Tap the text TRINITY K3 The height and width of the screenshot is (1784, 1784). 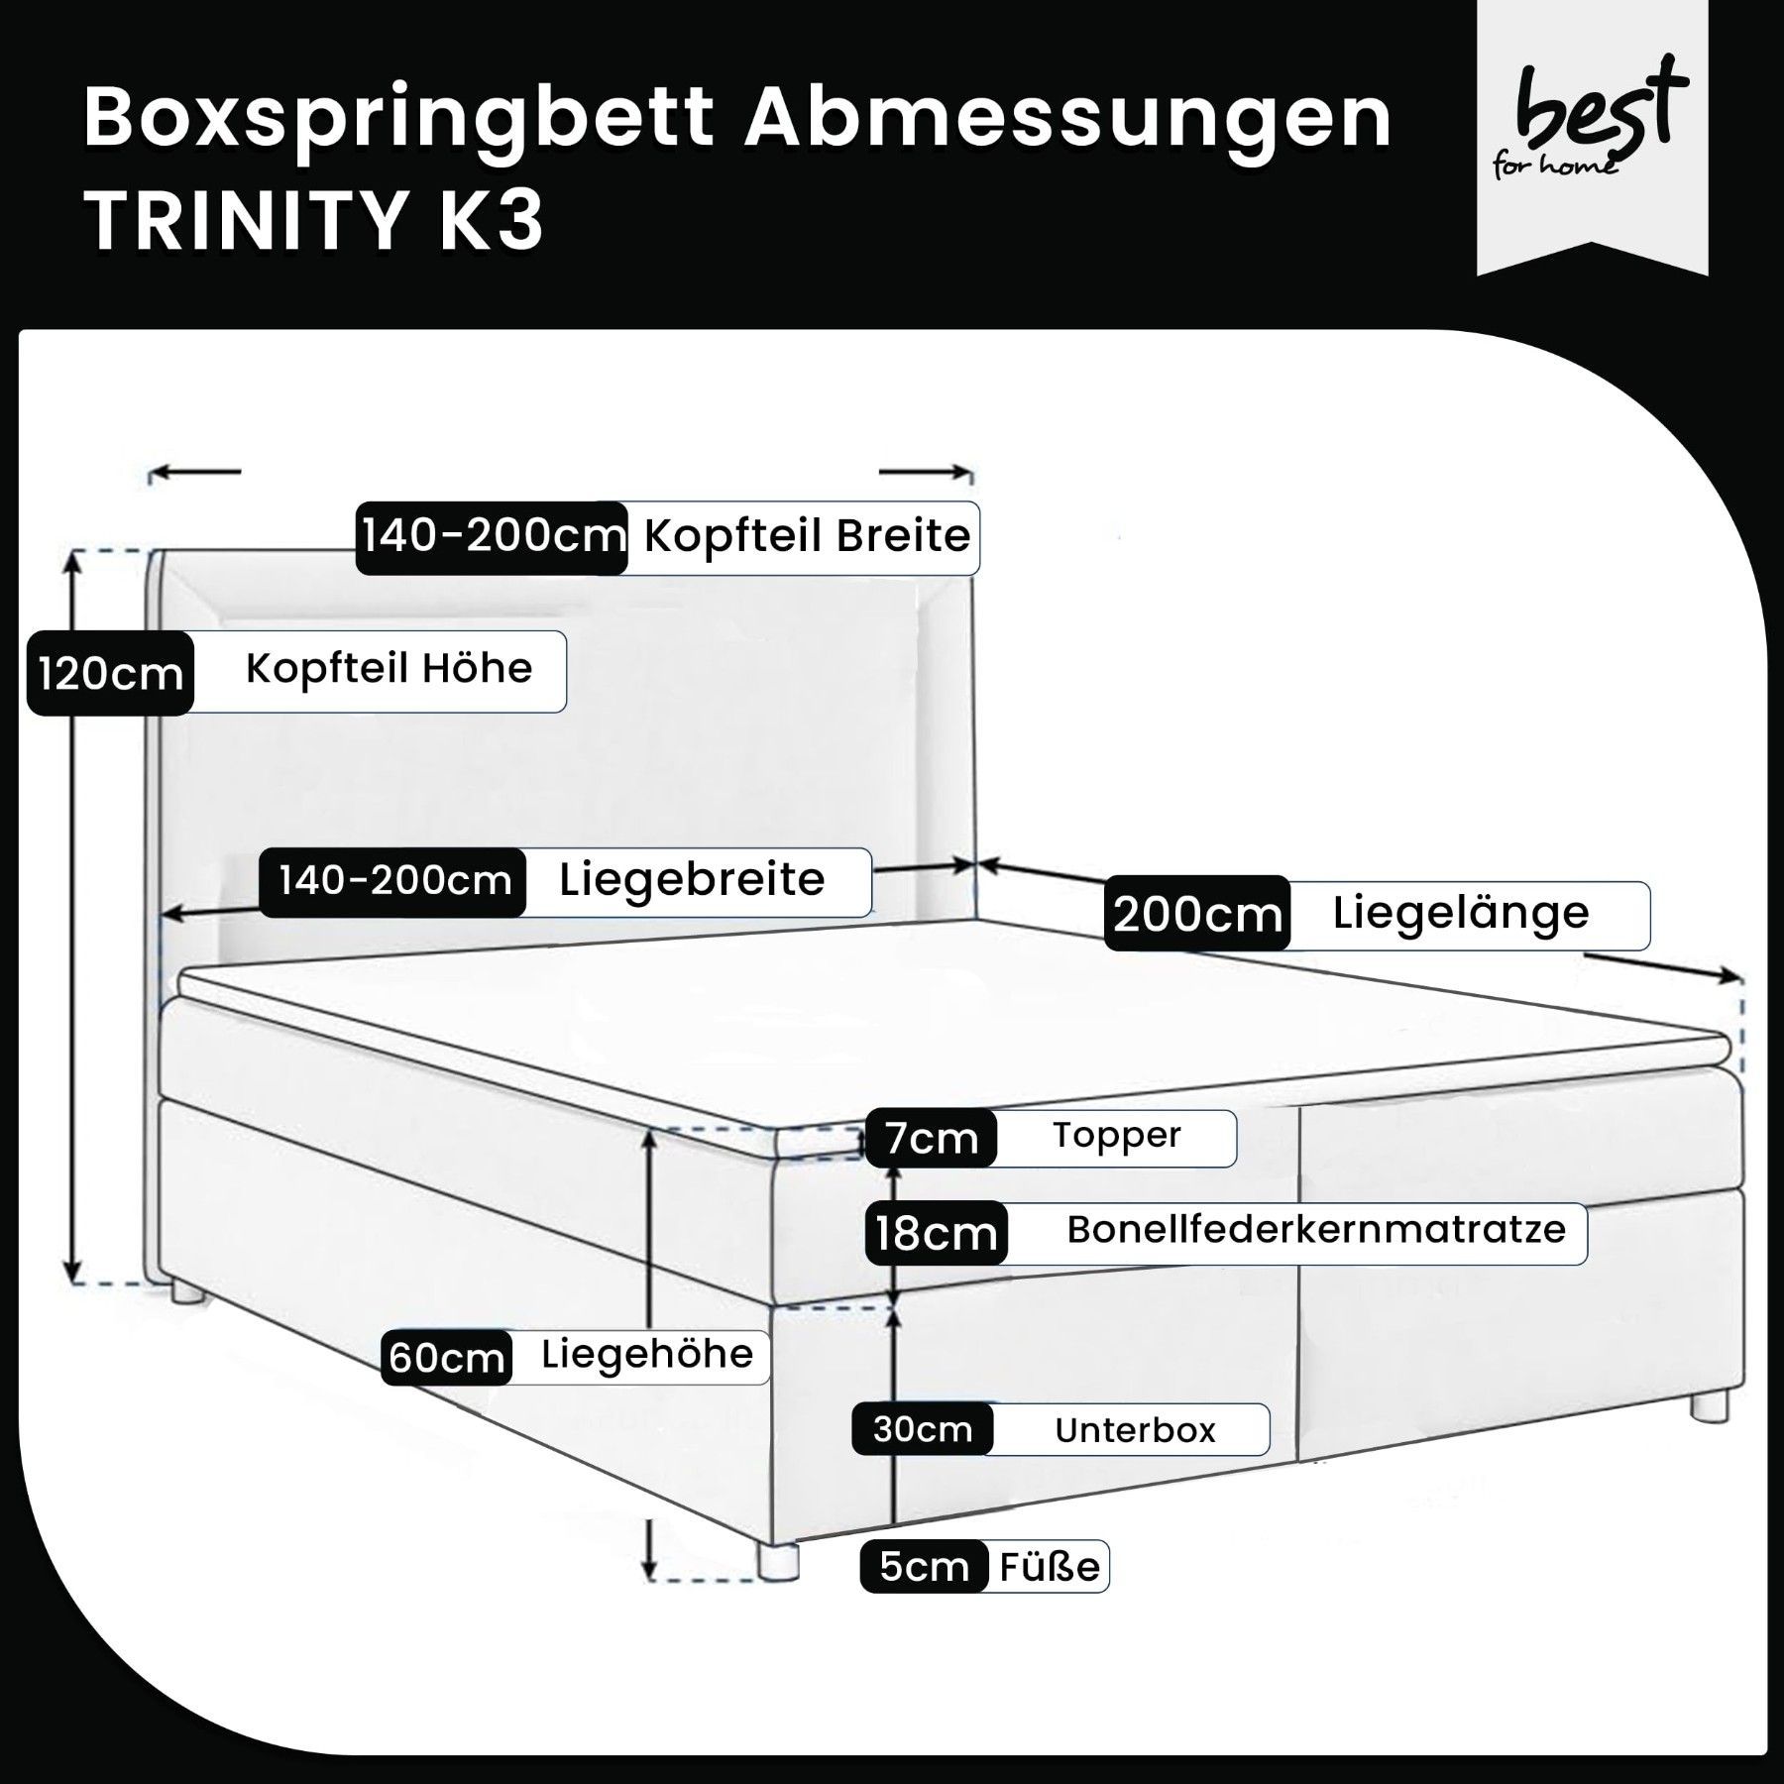[314, 221]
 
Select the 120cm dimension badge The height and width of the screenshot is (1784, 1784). [110, 674]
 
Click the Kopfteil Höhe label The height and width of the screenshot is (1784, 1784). [389, 669]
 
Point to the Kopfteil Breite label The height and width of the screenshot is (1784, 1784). [807, 536]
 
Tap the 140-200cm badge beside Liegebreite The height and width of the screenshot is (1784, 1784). [393, 881]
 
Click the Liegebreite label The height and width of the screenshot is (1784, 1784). [692, 880]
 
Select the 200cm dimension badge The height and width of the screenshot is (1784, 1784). [1197, 914]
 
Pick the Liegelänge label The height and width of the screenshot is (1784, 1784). [1460, 913]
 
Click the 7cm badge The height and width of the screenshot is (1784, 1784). [931, 1139]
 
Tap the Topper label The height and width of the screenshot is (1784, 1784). [1117, 1136]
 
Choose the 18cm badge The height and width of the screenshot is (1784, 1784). [936, 1234]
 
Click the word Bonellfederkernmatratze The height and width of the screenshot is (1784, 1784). [1316, 1230]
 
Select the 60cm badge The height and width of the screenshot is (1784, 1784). [447, 1357]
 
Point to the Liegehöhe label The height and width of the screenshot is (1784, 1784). [647, 1354]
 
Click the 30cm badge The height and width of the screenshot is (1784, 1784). [922, 1429]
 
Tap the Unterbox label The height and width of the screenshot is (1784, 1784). [1135, 1430]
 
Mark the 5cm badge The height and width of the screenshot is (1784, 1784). [924, 1567]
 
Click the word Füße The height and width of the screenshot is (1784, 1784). [1049, 1567]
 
